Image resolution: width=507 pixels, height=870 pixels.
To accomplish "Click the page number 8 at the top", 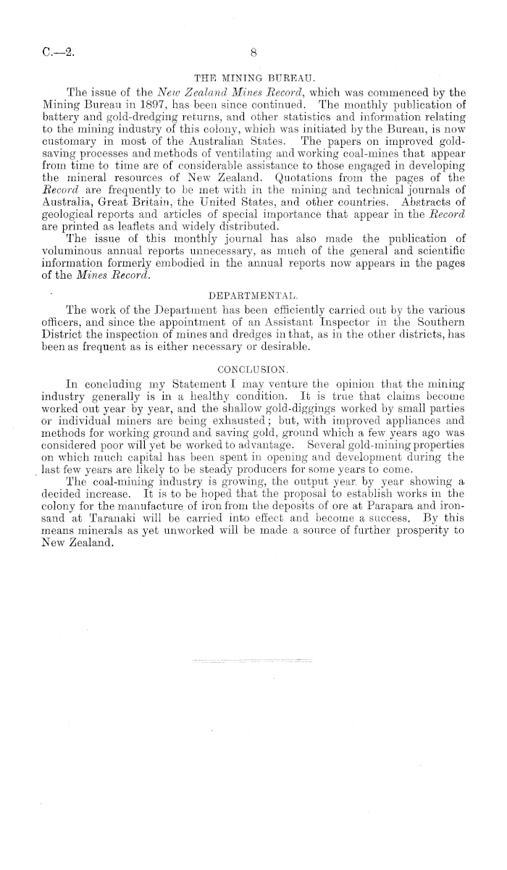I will (253, 52).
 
